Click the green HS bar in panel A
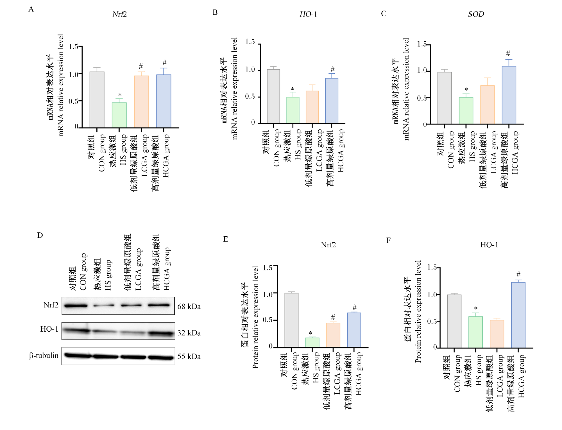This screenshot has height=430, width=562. click(x=119, y=115)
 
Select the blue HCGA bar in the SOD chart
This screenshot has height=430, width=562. click(x=509, y=95)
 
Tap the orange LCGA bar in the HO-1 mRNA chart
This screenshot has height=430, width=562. click(x=312, y=107)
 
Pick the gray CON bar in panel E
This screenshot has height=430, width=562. click(x=291, y=320)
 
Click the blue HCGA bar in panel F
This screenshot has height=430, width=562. click(x=518, y=315)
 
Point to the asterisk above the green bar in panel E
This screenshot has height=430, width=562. click(x=310, y=333)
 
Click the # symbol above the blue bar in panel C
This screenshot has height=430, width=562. click(x=508, y=53)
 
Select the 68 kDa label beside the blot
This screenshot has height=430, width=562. click(x=189, y=306)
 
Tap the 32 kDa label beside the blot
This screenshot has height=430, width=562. click(x=189, y=333)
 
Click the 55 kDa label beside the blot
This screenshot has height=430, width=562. click(x=189, y=356)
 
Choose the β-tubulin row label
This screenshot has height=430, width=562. click(x=44, y=356)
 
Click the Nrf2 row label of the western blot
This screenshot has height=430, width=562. click(x=51, y=305)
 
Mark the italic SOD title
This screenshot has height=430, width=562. click(x=476, y=14)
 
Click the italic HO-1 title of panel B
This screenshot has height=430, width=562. click(x=308, y=14)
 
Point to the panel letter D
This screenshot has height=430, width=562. click(x=40, y=235)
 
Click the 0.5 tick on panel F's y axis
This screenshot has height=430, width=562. click(x=432, y=321)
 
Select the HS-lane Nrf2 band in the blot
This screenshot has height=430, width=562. click(x=104, y=305)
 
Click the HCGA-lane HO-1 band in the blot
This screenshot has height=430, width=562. click(x=161, y=334)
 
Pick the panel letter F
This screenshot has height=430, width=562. click(x=388, y=241)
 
